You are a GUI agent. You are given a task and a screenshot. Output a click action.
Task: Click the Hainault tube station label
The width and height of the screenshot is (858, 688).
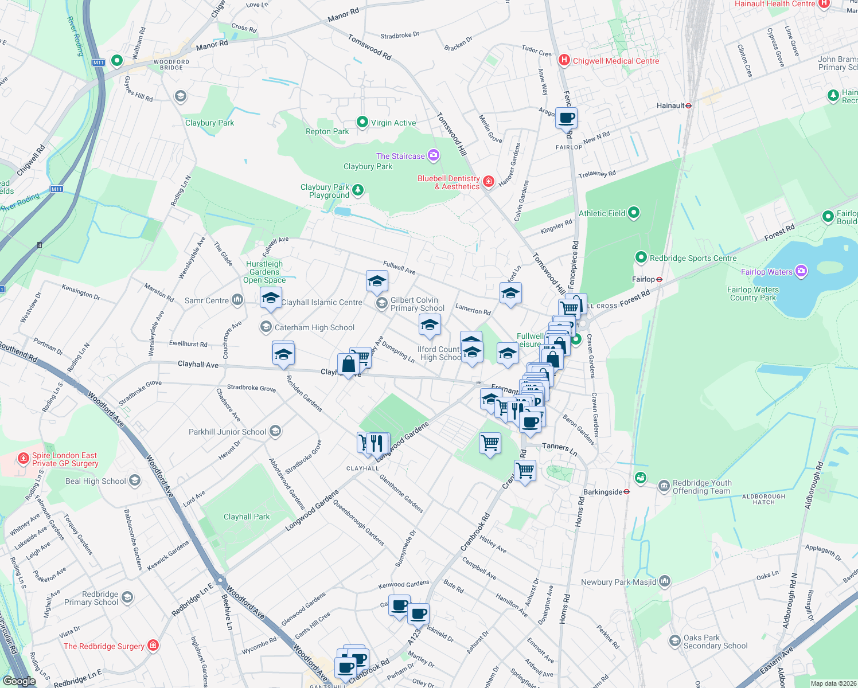click(670, 105)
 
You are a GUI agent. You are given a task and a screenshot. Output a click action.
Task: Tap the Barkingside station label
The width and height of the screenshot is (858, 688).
click(602, 492)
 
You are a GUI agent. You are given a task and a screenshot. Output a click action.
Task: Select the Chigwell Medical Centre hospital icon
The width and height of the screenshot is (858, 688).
click(564, 60)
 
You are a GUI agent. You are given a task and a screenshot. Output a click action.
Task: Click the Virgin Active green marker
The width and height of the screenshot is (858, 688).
click(362, 122)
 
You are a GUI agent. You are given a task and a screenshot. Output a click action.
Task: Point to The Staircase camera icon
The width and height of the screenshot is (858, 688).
click(434, 155)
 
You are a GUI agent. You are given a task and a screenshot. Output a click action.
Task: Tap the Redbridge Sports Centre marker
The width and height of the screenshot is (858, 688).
click(641, 257)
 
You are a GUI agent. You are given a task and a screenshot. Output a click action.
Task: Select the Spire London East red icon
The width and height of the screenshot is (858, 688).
click(23, 458)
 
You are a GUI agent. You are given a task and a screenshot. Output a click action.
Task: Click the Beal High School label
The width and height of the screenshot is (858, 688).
click(95, 481)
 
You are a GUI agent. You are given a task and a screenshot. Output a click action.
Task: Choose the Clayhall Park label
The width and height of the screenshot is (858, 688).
click(247, 517)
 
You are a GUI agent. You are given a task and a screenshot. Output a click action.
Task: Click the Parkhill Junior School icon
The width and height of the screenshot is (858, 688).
click(275, 431)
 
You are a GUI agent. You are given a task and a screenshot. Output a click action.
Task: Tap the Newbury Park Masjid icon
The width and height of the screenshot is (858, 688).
click(665, 581)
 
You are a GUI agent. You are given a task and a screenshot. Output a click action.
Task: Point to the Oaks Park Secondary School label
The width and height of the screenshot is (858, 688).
click(715, 642)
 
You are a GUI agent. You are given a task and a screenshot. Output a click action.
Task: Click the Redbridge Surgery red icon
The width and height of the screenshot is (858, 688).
click(153, 646)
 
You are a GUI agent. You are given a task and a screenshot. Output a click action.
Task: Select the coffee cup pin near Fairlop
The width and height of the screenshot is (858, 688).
click(566, 119)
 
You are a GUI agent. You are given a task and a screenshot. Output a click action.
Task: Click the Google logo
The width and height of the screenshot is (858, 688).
click(19, 681)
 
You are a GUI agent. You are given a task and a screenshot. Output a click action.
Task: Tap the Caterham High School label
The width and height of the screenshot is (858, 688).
click(314, 327)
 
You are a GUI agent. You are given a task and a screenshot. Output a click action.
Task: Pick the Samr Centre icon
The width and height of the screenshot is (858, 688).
click(237, 300)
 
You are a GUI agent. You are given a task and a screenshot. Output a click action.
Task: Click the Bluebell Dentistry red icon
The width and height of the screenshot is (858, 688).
click(489, 182)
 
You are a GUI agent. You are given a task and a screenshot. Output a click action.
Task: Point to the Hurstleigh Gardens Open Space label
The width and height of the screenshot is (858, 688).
click(264, 272)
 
